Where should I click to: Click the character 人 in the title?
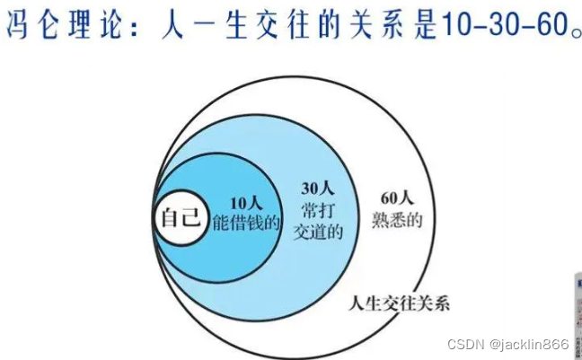[x=171, y=28]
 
